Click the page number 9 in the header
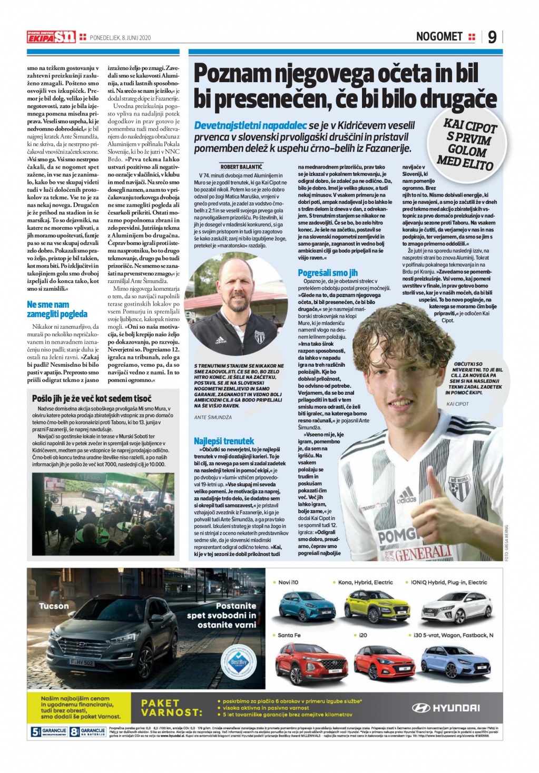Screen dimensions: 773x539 492,37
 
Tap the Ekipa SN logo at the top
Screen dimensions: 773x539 52,37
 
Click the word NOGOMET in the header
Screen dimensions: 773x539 439,36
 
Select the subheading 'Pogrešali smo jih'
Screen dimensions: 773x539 328,272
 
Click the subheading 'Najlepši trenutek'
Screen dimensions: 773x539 224,441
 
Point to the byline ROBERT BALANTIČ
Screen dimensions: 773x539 241,167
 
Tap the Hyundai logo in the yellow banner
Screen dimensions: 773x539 446,708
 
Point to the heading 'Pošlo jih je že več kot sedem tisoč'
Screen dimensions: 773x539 92,398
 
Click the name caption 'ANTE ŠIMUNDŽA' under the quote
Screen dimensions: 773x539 213,417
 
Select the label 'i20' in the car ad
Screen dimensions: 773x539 363,635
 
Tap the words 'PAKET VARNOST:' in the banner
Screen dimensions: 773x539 172,708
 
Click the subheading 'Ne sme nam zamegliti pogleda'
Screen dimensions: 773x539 57,309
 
